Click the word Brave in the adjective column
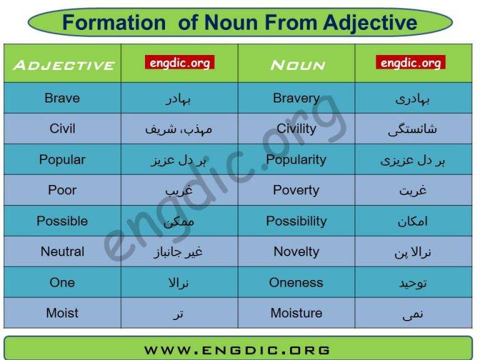pos(62,98)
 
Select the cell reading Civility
pos(296,129)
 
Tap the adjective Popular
pos(62,159)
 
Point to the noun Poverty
pos(296,190)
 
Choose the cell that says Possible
pos(62,221)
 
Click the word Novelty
pos(296,251)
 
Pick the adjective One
pos(62,282)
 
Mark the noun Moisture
pos(296,312)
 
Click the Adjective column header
pos(63,65)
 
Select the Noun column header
pos(297,65)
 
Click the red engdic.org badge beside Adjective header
pos(179,62)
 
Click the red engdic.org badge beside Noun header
pos(411,62)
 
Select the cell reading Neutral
pos(62,251)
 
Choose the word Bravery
pos(296,98)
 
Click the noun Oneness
pos(296,282)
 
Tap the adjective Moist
pos(62,312)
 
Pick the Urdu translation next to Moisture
pos(413,314)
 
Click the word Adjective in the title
pos(370,23)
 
